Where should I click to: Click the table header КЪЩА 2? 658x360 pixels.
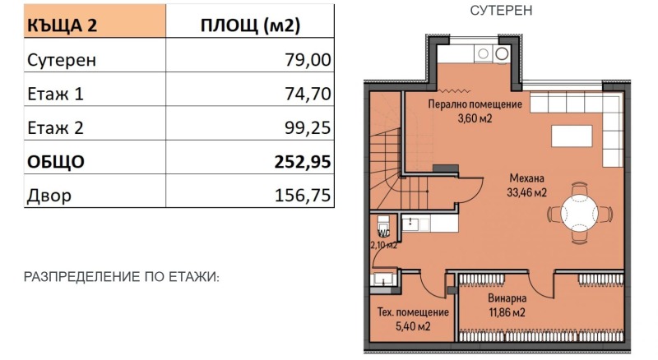pos(63,25)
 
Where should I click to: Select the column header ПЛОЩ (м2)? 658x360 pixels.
pos(250,25)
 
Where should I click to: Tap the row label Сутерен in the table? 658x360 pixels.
pos(62,60)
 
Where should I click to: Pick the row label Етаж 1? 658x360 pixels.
pos(56,94)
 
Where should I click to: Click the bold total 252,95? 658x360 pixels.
pos(302,162)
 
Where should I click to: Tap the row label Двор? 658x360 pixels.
pos(49,196)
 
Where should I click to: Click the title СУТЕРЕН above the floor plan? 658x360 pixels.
pos(501,11)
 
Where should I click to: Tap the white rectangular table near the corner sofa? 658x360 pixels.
pos(571,136)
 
